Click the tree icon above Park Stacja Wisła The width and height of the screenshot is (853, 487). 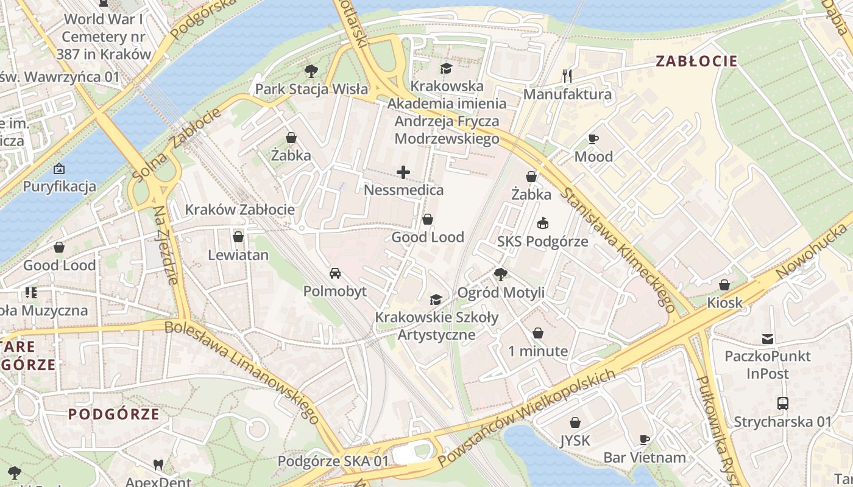pyautogui.click(x=311, y=71)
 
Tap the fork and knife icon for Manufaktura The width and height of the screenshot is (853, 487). pyautogui.click(x=568, y=76)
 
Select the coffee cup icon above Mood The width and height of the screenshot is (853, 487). pyautogui.click(x=593, y=139)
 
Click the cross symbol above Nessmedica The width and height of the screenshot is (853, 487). pyautogui.click(x=403, y=173)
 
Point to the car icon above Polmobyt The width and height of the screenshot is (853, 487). pyautogui.click(x=335, y=273)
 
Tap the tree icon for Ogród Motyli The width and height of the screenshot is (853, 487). pyautogui.click(x=501, y=275)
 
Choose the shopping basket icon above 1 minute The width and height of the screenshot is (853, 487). pyautogui.click(x=538, y=333)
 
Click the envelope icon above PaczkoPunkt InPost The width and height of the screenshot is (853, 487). pyautogui.click(x=767, y=338)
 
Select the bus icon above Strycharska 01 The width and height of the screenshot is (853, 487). pyautogui.click(x=782, y=403)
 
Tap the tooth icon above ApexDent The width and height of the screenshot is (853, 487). pyautogui.click(x=158, y=464)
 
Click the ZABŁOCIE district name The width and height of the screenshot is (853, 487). pyautogui.click(x=696, y=61)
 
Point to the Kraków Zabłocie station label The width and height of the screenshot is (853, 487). pyautogui.click(x=239, y=210)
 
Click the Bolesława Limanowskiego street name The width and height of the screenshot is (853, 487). pyautogui.click(x=242, y=372)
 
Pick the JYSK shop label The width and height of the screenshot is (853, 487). pyautogui.click(x=575, y=440)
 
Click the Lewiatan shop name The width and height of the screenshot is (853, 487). pyautogui.click(x=238, y=255)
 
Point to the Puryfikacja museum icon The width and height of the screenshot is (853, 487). pyautogui.click(x=59, y=169)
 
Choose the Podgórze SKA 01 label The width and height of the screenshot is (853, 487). pyautogui.click(x=333, y=461)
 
